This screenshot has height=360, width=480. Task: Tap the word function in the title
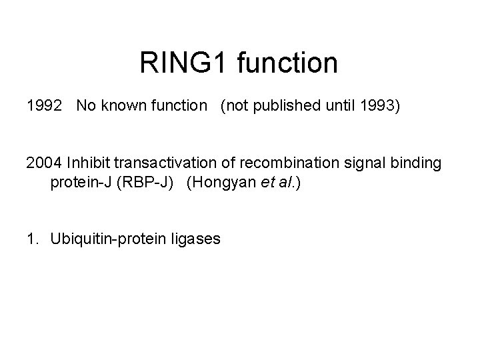click(x=288, y=64)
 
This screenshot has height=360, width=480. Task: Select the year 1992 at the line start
click(x=43, y=107)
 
